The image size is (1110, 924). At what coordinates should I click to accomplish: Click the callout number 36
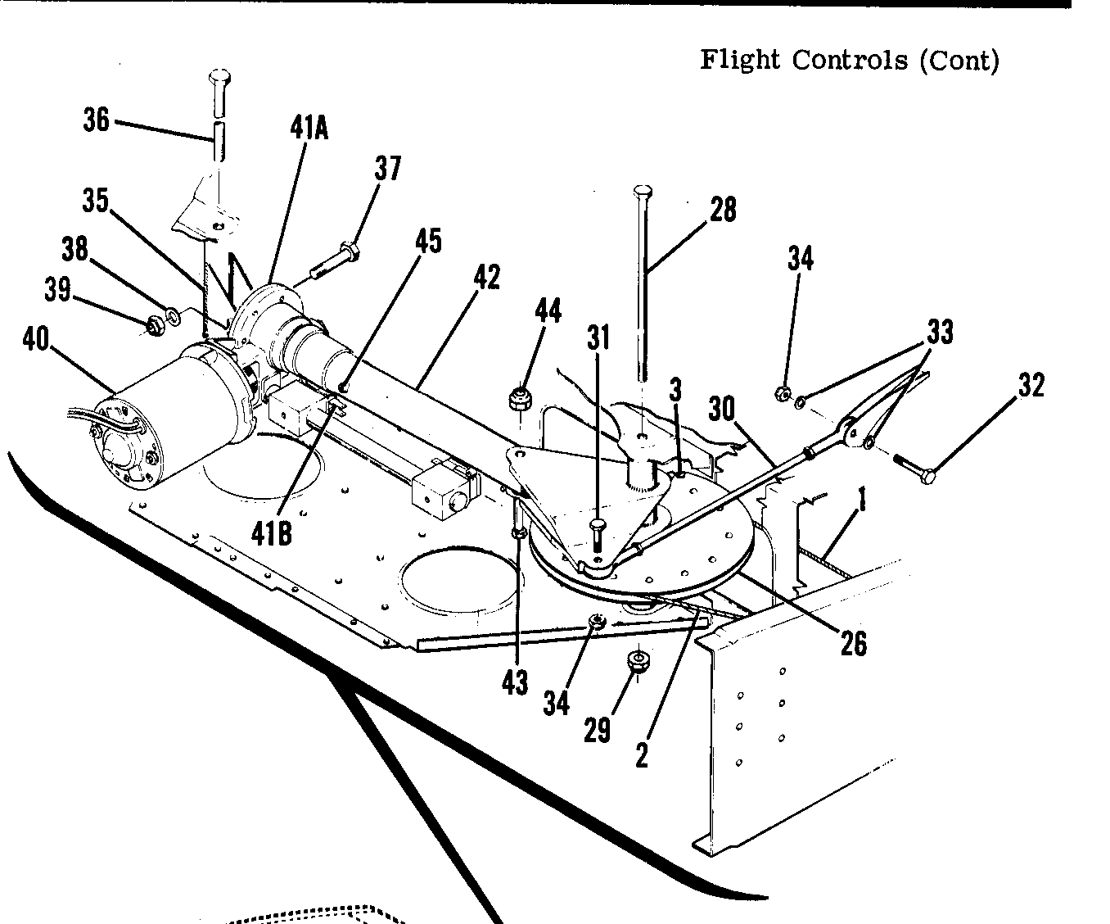coord(96,120)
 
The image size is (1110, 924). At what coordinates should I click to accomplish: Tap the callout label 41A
coord(309,127)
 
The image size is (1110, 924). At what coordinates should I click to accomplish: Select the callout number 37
coord(388,169)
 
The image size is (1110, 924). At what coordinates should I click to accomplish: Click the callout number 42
coord(485,278)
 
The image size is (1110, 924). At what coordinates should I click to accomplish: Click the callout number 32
coord(1031,384)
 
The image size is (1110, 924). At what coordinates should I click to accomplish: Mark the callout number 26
coord(853,643)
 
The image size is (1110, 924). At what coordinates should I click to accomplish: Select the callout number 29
coord(598,728)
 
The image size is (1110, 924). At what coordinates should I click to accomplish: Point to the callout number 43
coord(515,682)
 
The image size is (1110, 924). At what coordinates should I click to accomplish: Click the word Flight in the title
coord(739,60)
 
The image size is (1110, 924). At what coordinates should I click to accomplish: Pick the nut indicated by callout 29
coord(635,660)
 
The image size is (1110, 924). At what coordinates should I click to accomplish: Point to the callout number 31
coord(599,337)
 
